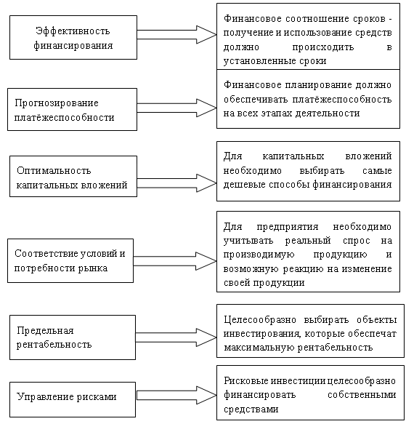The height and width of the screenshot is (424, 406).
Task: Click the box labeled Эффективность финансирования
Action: pyautogui.click(x=73, y=37)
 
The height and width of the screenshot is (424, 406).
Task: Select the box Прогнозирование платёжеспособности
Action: pyautogui.click(x=72, y=109)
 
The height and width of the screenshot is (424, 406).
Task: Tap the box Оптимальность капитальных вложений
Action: pyautogui.click(x=73, y=176)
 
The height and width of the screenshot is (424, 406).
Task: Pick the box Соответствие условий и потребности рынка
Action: pyautogui.click(x=70, y=260)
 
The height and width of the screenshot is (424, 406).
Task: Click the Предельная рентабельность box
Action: pyautogui.click(x=73, y=337)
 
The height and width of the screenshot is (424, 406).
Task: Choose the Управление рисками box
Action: pyautogui.click(x=73, y=399)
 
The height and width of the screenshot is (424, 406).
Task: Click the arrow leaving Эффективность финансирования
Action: pyautogui.click(x=176, y=35)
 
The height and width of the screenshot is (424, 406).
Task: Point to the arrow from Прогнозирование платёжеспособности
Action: pyautogui.click(x=176, y=108)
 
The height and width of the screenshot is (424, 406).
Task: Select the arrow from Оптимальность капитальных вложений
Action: pyautogui.click(x=176, y=183)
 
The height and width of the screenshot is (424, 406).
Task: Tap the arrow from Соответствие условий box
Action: pyautogui.click(x=175, y=261)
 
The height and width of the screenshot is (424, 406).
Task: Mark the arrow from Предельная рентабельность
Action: pyautogui.click(x=176, y=337)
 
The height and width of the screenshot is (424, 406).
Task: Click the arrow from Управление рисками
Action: pyautogui.click(x=176, y=396)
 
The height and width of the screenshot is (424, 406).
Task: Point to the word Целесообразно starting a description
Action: pyautogui.click(x=260, y=320)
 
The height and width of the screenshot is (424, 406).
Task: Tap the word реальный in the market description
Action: pyautogui.click(x=308, y=241)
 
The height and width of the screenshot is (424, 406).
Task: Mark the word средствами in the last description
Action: pyautogui.click(x=251, y=409)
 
